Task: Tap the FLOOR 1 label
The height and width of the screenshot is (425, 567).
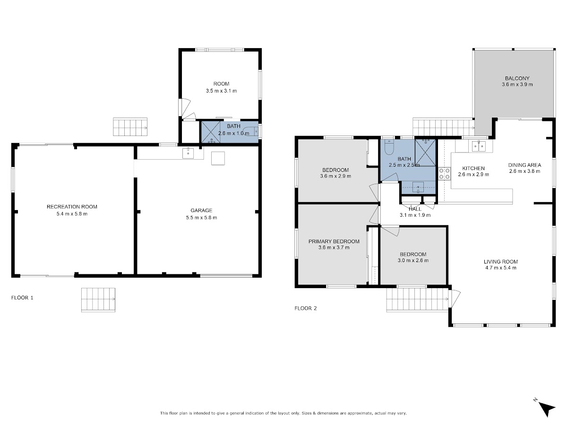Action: coord(22,297)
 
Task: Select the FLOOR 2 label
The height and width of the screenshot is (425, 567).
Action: coord(306,308)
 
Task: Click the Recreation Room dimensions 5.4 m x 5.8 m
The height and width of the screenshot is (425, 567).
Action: coord(72,213)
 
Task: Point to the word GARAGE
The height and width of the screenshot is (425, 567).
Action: coord(201,210)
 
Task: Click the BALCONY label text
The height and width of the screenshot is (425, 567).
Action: coord(517,78)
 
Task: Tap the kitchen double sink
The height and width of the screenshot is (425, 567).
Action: coord(479,146)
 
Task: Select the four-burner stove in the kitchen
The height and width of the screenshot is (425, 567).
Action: coord(444,174)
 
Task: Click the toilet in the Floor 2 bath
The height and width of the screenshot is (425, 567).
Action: coord(388,147)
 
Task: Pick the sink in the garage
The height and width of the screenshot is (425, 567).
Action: coord(188,153)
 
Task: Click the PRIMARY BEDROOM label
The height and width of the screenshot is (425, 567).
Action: coord(334,241)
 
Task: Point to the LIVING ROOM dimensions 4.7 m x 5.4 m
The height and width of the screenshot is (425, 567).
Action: coord(501,268)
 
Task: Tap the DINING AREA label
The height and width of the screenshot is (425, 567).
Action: coord(524,165)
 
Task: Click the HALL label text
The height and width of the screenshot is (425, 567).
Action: coord(415,209)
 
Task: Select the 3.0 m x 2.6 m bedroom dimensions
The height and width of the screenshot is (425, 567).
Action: coord(413,260)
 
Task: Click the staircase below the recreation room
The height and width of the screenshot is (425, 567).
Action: coord(98,300)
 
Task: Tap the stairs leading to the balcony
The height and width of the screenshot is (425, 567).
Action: coord(443,127)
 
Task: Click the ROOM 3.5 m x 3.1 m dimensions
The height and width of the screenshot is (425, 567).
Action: coord(221,91)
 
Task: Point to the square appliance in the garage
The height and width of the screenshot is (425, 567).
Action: coord(218,158)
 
